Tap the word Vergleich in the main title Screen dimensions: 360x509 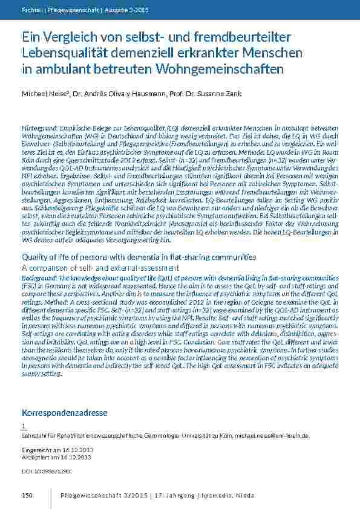click(70, 38)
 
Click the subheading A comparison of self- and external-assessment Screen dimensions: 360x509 click(100, 267)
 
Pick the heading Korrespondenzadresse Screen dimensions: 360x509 click(64, 413)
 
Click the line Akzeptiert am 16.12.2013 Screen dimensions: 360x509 click(56, 458)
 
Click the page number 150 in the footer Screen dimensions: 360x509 click(27, 496)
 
